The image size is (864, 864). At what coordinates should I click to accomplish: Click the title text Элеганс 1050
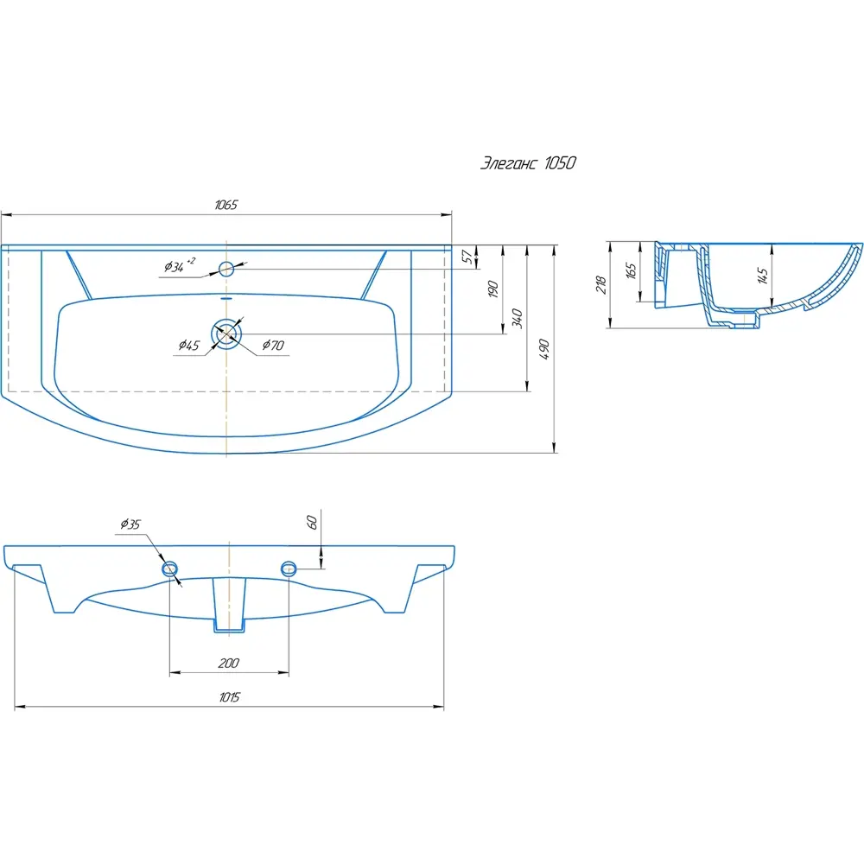528,163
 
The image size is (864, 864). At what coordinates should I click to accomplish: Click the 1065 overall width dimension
226,205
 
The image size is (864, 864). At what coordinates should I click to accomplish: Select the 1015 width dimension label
229,697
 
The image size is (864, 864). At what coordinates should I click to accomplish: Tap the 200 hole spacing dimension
229,663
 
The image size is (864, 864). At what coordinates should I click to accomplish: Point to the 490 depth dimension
544,349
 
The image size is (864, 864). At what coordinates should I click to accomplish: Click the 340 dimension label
518,318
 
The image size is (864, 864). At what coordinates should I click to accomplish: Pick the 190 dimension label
493,289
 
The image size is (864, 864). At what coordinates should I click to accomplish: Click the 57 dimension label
467,257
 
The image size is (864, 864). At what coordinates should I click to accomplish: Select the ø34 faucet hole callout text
180,265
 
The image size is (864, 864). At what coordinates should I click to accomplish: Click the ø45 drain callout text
189,346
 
